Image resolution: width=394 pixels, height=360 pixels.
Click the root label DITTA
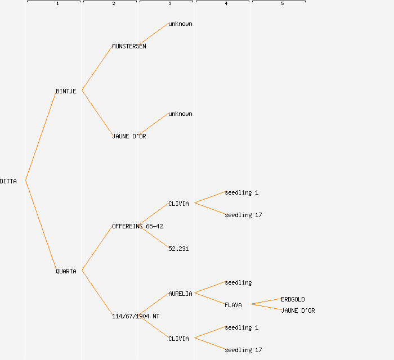click(x=8, y=181)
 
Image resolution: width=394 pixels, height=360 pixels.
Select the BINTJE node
click(x=66, y=91)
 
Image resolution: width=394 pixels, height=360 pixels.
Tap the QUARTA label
click(x=66, y=271)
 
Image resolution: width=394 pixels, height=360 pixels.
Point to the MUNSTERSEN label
click(x=129, y=46)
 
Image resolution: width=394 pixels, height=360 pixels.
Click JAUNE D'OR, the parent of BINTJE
click(x=129, y=136)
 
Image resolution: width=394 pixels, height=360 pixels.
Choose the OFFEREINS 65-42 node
click(x=137, y=226)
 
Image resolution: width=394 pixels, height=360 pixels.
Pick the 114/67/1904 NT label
click(x=136, y=316)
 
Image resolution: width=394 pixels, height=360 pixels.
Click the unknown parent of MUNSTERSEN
click(x=180, y=24)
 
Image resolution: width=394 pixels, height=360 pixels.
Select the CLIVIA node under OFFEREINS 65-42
click(x=178, y=204)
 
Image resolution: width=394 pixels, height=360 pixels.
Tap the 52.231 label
click(x=178, y=249)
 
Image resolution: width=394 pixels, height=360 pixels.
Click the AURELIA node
click(x=180, y=294)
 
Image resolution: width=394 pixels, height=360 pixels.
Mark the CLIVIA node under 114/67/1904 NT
click(x=178, y=339)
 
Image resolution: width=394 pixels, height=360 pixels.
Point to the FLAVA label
click(x=233, y=305)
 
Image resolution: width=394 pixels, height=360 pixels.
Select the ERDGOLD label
click(x=293, y=299)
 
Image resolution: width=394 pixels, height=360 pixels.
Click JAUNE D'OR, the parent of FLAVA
click(x=298, y=310)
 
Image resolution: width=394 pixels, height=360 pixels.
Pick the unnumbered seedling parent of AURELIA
click(x=238, y=282)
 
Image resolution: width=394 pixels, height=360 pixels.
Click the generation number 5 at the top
click(x=283, y=4)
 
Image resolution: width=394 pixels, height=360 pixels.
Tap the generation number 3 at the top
click(x=170, y=4)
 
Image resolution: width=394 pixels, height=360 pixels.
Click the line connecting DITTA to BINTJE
click(x=41, y=136)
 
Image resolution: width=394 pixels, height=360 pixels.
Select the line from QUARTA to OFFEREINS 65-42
click(x=97, y=249)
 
